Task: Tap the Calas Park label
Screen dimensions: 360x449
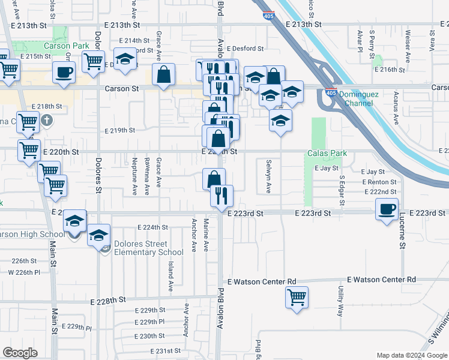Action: point(327,154)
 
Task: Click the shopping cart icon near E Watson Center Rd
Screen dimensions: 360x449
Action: point(297,297)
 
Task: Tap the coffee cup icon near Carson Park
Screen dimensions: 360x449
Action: point(64,73)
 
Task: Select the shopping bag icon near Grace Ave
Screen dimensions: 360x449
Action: point(163,75)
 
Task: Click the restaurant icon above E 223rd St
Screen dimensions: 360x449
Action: point(221,195)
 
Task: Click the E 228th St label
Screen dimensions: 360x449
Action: point(107,299)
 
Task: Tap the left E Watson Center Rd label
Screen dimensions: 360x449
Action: point(262,281)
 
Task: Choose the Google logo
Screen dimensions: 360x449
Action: point(20,353)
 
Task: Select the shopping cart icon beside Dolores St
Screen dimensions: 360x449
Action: point(94,61)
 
